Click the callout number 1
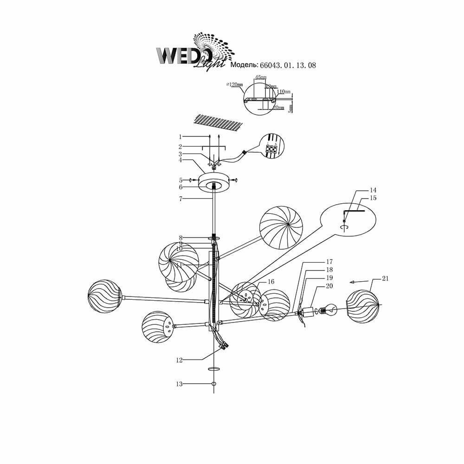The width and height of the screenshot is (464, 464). coord(180,136)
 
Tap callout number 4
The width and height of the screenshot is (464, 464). coord(180,160)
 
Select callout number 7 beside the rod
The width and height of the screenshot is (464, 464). coord(180,198)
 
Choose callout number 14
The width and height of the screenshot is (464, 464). coord(373,190)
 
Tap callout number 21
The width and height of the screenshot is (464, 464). coord(385,278)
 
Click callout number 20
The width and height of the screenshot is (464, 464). coord(330,286)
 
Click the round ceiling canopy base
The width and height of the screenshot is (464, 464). coord(213,182)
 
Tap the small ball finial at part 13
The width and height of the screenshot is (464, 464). coord(213,384)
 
